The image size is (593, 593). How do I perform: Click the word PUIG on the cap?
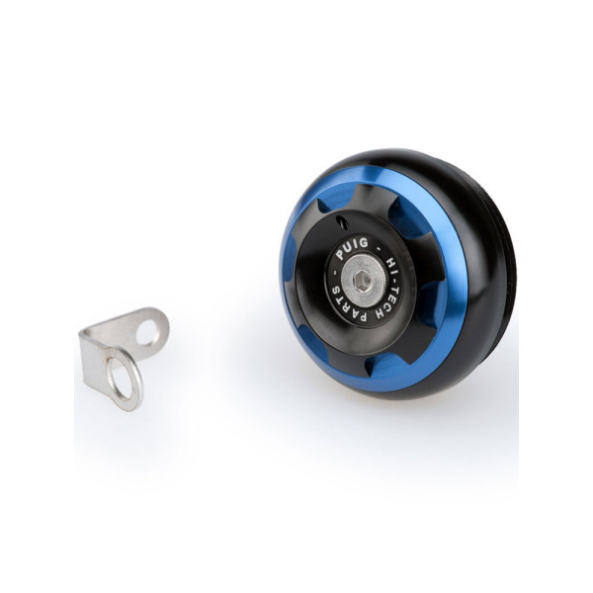point(352,248)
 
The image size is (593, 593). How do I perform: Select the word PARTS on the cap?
point(351,309)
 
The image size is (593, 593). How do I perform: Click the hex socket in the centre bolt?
point(362,281)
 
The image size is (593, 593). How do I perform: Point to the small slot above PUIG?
point(343,222)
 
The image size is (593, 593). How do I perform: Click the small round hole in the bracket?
point(148,332)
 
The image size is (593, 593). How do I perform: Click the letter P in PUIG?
point(340,255)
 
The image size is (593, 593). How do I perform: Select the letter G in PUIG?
point(364,242)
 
